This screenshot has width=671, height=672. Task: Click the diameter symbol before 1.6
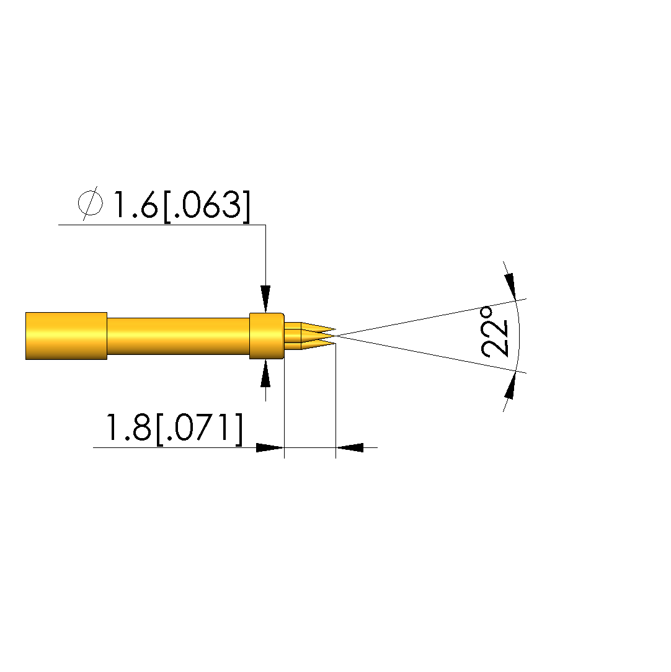tap(91, 204)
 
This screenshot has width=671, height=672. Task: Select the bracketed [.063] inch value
tap(207, 206)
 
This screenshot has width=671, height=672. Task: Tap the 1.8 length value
tap(128, 427)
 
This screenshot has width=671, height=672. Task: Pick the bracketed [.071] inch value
tap(200, 428)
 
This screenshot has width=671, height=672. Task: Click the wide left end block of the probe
tap(66, 336)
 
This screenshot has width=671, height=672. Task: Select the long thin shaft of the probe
tap(178, 336)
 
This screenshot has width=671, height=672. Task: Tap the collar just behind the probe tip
tap(267, 336)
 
